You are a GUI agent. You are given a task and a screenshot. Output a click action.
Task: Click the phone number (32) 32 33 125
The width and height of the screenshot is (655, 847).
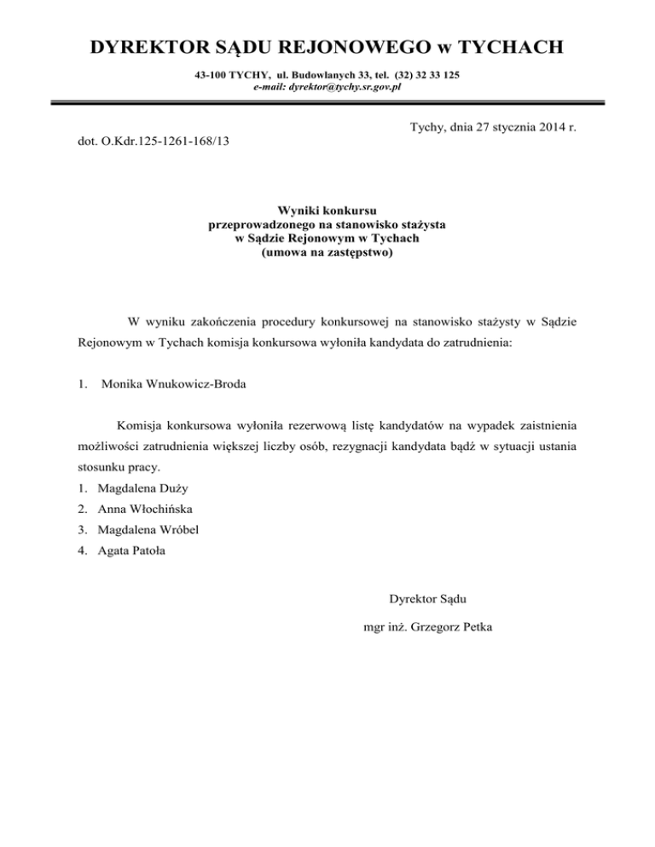click(x=422, y=75)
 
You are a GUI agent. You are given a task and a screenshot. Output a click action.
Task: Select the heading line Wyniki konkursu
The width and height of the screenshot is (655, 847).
click(x=327, y=210)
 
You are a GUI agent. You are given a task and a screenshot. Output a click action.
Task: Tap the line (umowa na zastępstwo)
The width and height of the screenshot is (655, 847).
click(x=327, y=253)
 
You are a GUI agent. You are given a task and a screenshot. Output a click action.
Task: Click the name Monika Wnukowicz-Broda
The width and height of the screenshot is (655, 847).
click(x=173, y=383)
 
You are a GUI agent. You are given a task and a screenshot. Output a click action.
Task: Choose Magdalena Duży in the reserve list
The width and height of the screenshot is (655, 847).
click(x=143, y=489)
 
